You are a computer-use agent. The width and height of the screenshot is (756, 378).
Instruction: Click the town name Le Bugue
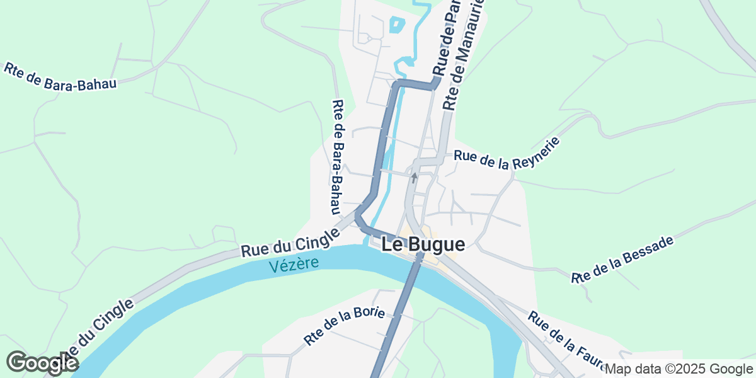click(x=423, y=244)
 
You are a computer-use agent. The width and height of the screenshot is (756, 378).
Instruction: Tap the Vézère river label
click(x=294, y=264)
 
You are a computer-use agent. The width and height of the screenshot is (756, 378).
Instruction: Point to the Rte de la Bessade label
click(x=622, y=259)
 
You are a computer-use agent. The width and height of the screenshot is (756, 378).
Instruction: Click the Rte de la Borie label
click(x=344, y=326)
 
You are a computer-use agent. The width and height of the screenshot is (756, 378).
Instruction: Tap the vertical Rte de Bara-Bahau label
click(x=339, y=157)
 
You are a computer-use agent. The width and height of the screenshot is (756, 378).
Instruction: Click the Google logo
click(x=42, y=364)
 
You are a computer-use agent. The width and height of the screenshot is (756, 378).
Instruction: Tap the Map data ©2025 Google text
click(x=678, y=369)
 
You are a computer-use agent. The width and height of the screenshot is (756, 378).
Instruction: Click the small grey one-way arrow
click(x=414, y=178)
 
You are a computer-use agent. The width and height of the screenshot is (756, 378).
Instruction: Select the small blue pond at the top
click(x=396, y=25)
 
